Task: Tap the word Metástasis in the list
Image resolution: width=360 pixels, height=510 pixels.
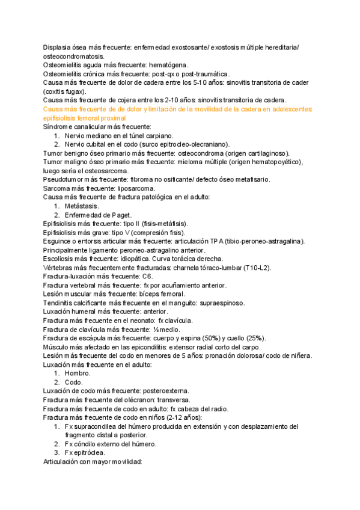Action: coord(82,206)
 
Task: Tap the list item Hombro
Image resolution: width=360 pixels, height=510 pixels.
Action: coord(78,373)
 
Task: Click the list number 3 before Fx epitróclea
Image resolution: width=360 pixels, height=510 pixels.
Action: coord(56,452)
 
